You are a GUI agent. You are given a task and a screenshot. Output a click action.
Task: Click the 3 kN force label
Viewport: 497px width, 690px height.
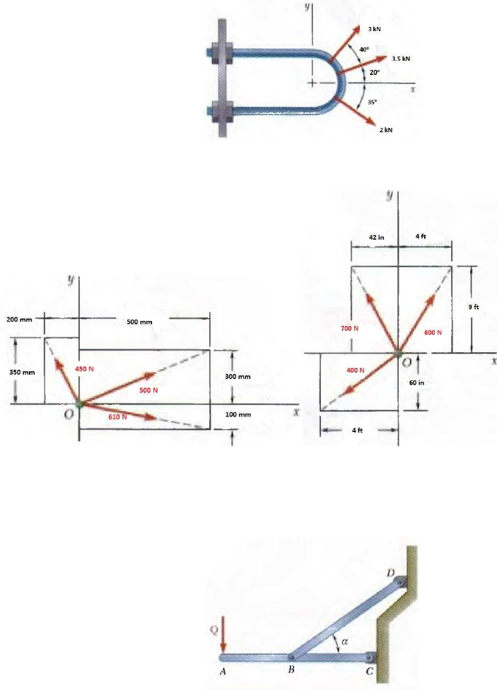click(x=374, y=28)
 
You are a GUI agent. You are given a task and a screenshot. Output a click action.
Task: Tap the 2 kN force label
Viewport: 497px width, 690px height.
click(x=385, y=130)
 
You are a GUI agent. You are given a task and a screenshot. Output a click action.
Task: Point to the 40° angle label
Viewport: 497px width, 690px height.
click(x=363, y=49)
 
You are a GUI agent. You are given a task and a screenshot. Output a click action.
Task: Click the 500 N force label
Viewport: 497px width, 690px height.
click(x=148, y=390)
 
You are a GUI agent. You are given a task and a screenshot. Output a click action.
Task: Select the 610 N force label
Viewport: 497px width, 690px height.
click(x=117, y=416)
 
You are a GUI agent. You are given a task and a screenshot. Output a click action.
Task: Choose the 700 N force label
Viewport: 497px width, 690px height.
click(x=349, y=329)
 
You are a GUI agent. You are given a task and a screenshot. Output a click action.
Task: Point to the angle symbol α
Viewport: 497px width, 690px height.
click(x=344, y=641)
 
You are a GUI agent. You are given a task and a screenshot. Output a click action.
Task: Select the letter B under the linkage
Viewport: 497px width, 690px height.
click(x=291, y=672)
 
